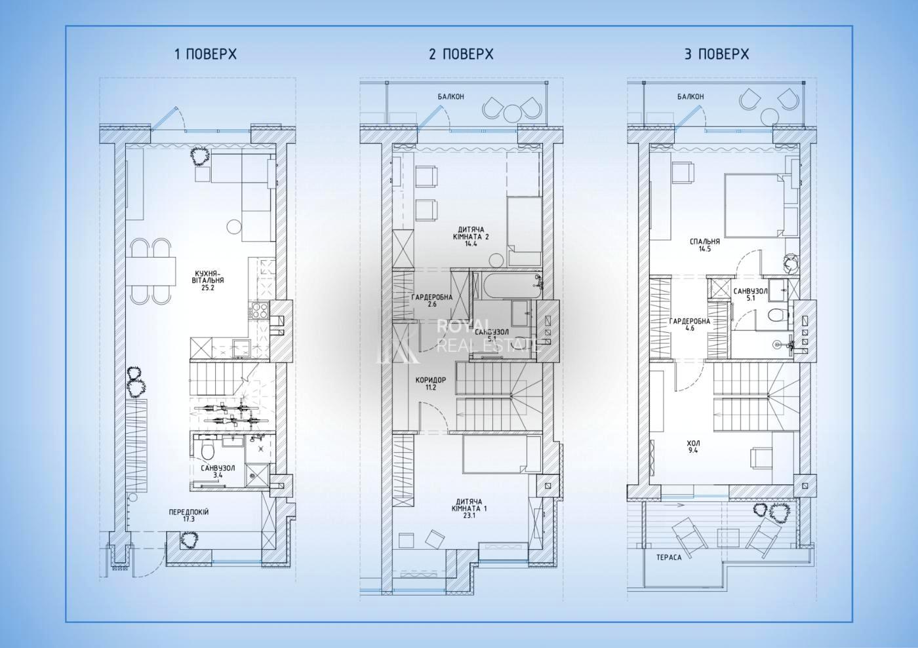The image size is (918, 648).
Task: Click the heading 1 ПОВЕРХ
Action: pos(206,54)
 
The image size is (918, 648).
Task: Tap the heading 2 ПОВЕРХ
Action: pos(461,54)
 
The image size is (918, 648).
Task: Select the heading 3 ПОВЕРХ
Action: pos(717,54)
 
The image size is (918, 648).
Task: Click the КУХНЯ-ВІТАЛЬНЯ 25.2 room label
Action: pos(209,280)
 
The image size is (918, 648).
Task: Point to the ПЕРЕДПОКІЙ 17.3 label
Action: pos(189,515)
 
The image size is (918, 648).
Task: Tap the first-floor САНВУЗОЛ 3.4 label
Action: pos(218,472)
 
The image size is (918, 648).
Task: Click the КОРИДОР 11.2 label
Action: pos(431,383)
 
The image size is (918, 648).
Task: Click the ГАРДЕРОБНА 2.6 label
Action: pos(432,301)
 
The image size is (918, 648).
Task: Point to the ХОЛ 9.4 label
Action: pos(694,447)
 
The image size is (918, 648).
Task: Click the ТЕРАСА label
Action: pos(669,558)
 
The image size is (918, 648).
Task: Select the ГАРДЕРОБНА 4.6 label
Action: pos(690,324)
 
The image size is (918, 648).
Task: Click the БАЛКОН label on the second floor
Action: pos(451,97)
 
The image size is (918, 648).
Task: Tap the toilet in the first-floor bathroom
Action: pos(208,450)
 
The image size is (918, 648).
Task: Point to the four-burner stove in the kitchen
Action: pos(260,311)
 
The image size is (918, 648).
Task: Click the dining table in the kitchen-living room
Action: pos(151,271)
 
